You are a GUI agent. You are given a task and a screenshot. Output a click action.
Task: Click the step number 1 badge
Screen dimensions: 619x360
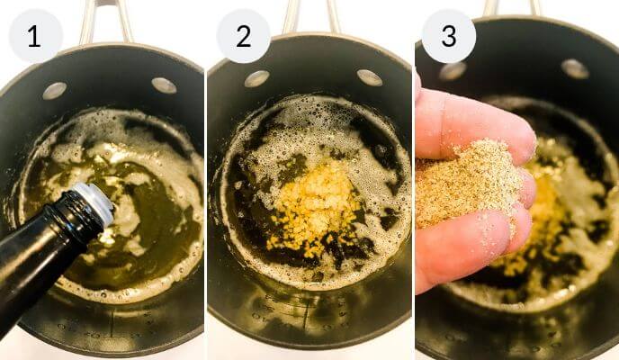click(x=35, y=36)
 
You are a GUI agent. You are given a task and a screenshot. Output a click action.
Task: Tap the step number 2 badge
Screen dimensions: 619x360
click(x=243, y=36)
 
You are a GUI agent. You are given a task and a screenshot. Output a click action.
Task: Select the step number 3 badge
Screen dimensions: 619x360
click(x=449, y=36)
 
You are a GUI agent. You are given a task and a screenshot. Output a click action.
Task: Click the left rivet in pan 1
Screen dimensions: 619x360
click(x=55, y=90)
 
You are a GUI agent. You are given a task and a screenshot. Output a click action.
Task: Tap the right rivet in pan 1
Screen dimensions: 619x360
click(x=164, y=85)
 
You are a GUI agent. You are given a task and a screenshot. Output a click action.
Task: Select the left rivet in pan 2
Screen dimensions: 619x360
click(x=256, y=78)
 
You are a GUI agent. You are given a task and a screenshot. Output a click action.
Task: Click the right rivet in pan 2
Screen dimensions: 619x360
click(x=370, y=77)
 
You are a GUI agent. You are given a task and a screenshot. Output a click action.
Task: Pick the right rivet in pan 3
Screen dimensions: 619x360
click(x=575, y=68)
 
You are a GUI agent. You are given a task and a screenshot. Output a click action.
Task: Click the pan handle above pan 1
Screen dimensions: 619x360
click(x=105, y=22)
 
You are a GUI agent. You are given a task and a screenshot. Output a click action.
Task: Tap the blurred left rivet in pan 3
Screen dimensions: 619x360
click(x=453, y=71)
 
